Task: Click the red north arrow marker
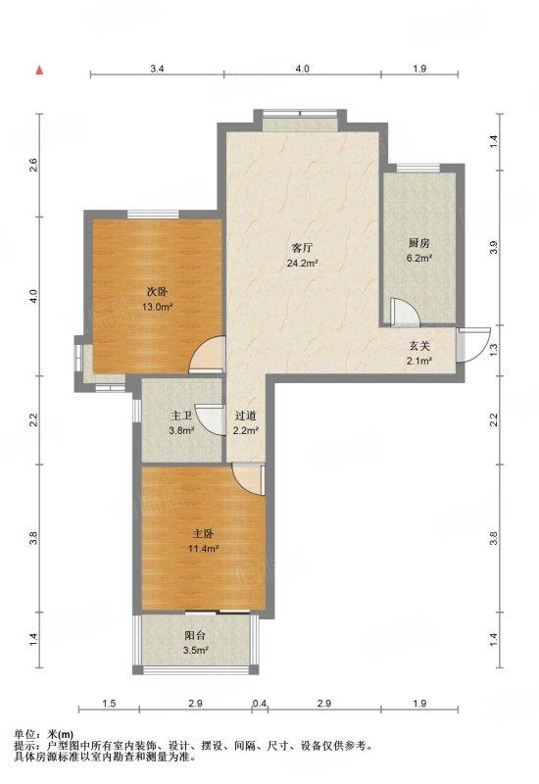[39, 70]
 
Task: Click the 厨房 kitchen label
[419, 243]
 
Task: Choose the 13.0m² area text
[157, 307]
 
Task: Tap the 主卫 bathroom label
[181, 416]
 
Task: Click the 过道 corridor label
[246, 416]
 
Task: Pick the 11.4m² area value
[203, 549]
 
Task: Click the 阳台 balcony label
[195, 636]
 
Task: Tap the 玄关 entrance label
[420, 346]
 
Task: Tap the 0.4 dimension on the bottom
[260, 704]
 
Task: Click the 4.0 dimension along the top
[302, 69]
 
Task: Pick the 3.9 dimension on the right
[495, 248]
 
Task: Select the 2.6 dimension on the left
[33, 165]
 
